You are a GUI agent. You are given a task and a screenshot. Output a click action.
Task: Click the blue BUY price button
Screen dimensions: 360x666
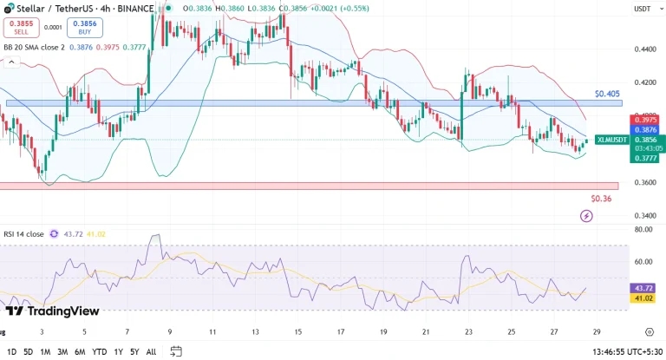click(x=80, y=27)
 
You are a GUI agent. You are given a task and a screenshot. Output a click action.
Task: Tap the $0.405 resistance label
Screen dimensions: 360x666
click(x=607, y=93)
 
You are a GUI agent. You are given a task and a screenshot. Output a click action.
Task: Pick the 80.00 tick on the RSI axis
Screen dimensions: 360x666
click(x=643, y=231)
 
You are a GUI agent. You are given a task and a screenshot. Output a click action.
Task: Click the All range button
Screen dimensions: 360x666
click(x=151, y=351)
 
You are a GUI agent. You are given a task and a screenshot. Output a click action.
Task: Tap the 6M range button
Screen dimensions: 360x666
click(x=79, y=351)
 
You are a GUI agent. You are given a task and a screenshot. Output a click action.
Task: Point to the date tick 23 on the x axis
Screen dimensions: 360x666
click(x=468, y=331)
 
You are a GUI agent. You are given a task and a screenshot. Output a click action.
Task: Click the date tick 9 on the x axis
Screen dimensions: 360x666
click(x=170, y=331)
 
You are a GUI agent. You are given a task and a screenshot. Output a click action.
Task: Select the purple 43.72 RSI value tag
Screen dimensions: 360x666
click(x=643, y=287)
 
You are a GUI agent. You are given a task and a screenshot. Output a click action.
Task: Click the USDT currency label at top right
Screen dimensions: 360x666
click(x=643, y=9)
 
